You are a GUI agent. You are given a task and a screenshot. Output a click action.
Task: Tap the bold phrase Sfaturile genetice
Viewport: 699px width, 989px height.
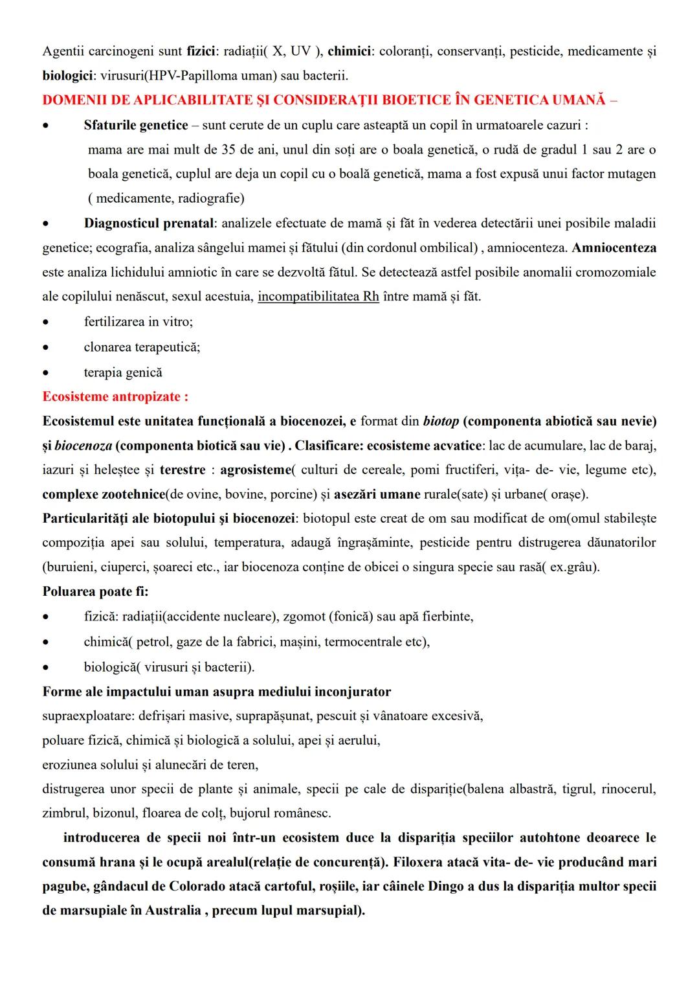click(x=136, y=125)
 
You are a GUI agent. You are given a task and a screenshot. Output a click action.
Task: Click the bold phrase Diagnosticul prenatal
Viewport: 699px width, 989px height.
click(x=149, y=223)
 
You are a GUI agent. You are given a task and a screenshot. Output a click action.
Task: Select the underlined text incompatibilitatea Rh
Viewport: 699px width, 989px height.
click(x=318, y=297)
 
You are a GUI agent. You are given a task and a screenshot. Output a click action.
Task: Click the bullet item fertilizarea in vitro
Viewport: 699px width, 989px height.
click(x=139, y=321)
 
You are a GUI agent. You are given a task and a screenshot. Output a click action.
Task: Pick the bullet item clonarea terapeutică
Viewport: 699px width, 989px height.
click(x=142, y=347)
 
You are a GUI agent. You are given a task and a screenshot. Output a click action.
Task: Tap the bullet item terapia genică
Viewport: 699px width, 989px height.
click(x=123, y=372)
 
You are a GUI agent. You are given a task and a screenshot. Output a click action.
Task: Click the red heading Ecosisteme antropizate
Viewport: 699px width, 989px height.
click(x=115, y=396)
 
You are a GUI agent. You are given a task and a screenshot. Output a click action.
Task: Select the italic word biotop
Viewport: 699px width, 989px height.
click(x=441, y=421)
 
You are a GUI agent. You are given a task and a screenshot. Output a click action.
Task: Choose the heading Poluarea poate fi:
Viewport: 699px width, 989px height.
click(x=96, y=591)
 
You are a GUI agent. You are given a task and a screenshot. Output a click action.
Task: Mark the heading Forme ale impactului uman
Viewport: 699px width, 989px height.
click(x=216, y=692)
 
